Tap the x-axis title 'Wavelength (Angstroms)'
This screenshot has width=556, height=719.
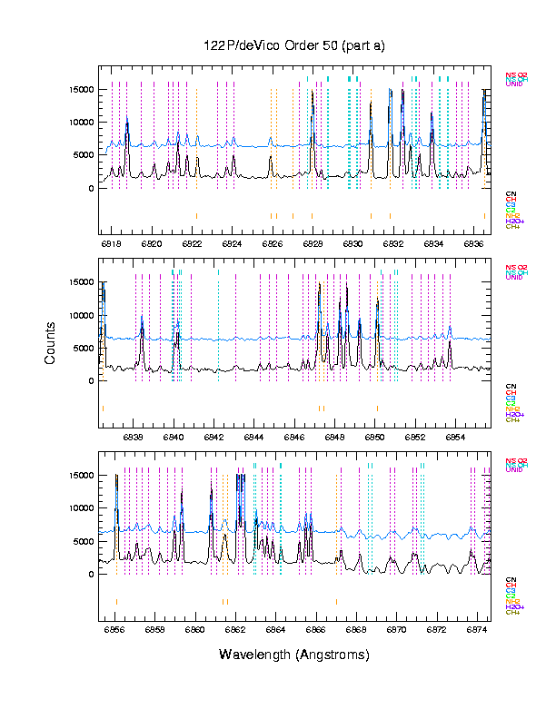click(294, 655)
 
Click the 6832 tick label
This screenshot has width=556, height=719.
click(392, 243)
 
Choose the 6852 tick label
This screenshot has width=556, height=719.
click(415, 437)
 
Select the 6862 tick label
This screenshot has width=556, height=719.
click(235, 628)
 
